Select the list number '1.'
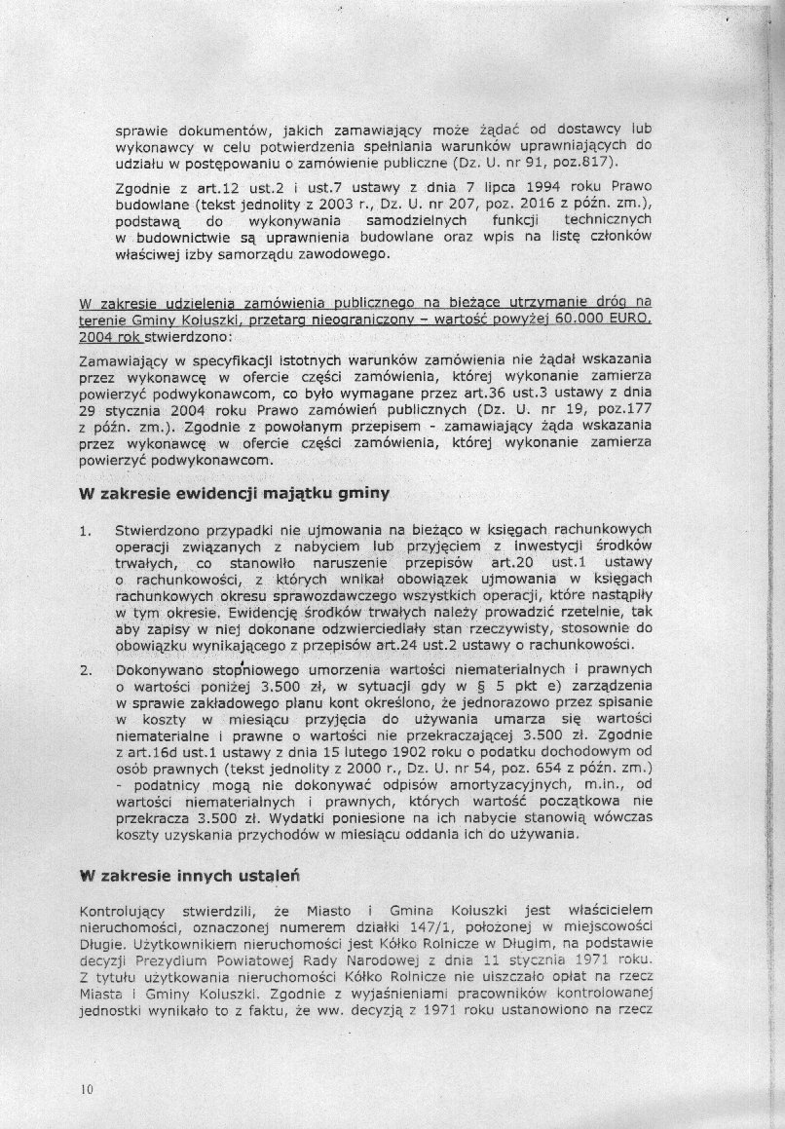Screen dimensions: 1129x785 [x=87, y=531]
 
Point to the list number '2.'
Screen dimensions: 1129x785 [x=87, y=670]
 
